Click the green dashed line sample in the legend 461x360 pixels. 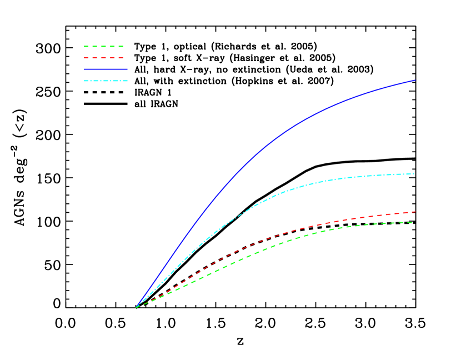(103, 47)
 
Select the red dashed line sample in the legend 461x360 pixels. (103, 58)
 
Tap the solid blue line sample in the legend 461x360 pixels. (106, 69)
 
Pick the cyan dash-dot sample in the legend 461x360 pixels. (106, 81)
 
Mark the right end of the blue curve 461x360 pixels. (415, 80)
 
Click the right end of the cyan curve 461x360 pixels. (414, 174)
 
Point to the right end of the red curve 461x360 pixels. (415, 212)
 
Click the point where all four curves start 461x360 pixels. (136, 307)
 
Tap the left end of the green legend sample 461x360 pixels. (84, 47)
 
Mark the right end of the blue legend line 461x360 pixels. (127, 69)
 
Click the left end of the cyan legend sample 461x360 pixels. (84, 81)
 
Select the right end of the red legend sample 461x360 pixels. (123, 58)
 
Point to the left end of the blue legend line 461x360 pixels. (84, 69)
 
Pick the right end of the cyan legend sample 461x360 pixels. (127, 81)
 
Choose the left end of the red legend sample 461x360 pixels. (84, 58)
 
